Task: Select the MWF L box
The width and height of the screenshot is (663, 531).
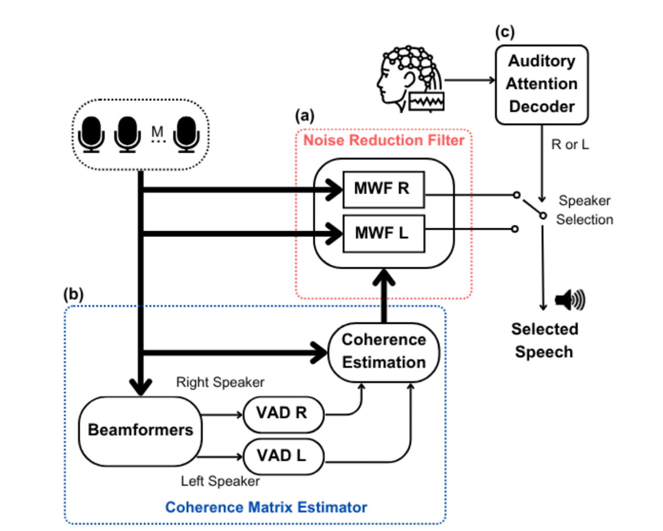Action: coord(383,233)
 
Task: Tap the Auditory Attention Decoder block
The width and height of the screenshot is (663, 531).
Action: coord(542,84)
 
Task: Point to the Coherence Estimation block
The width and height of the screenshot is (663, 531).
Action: coord(384,351)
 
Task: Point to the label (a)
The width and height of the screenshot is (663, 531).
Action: coord(305,115)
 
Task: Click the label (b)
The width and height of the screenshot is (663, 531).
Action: coord(73,294)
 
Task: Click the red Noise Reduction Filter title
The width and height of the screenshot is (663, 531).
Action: coord(384,140)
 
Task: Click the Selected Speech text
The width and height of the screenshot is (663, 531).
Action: coord(545,340)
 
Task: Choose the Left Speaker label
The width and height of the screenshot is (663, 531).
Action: coord(220,482)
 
